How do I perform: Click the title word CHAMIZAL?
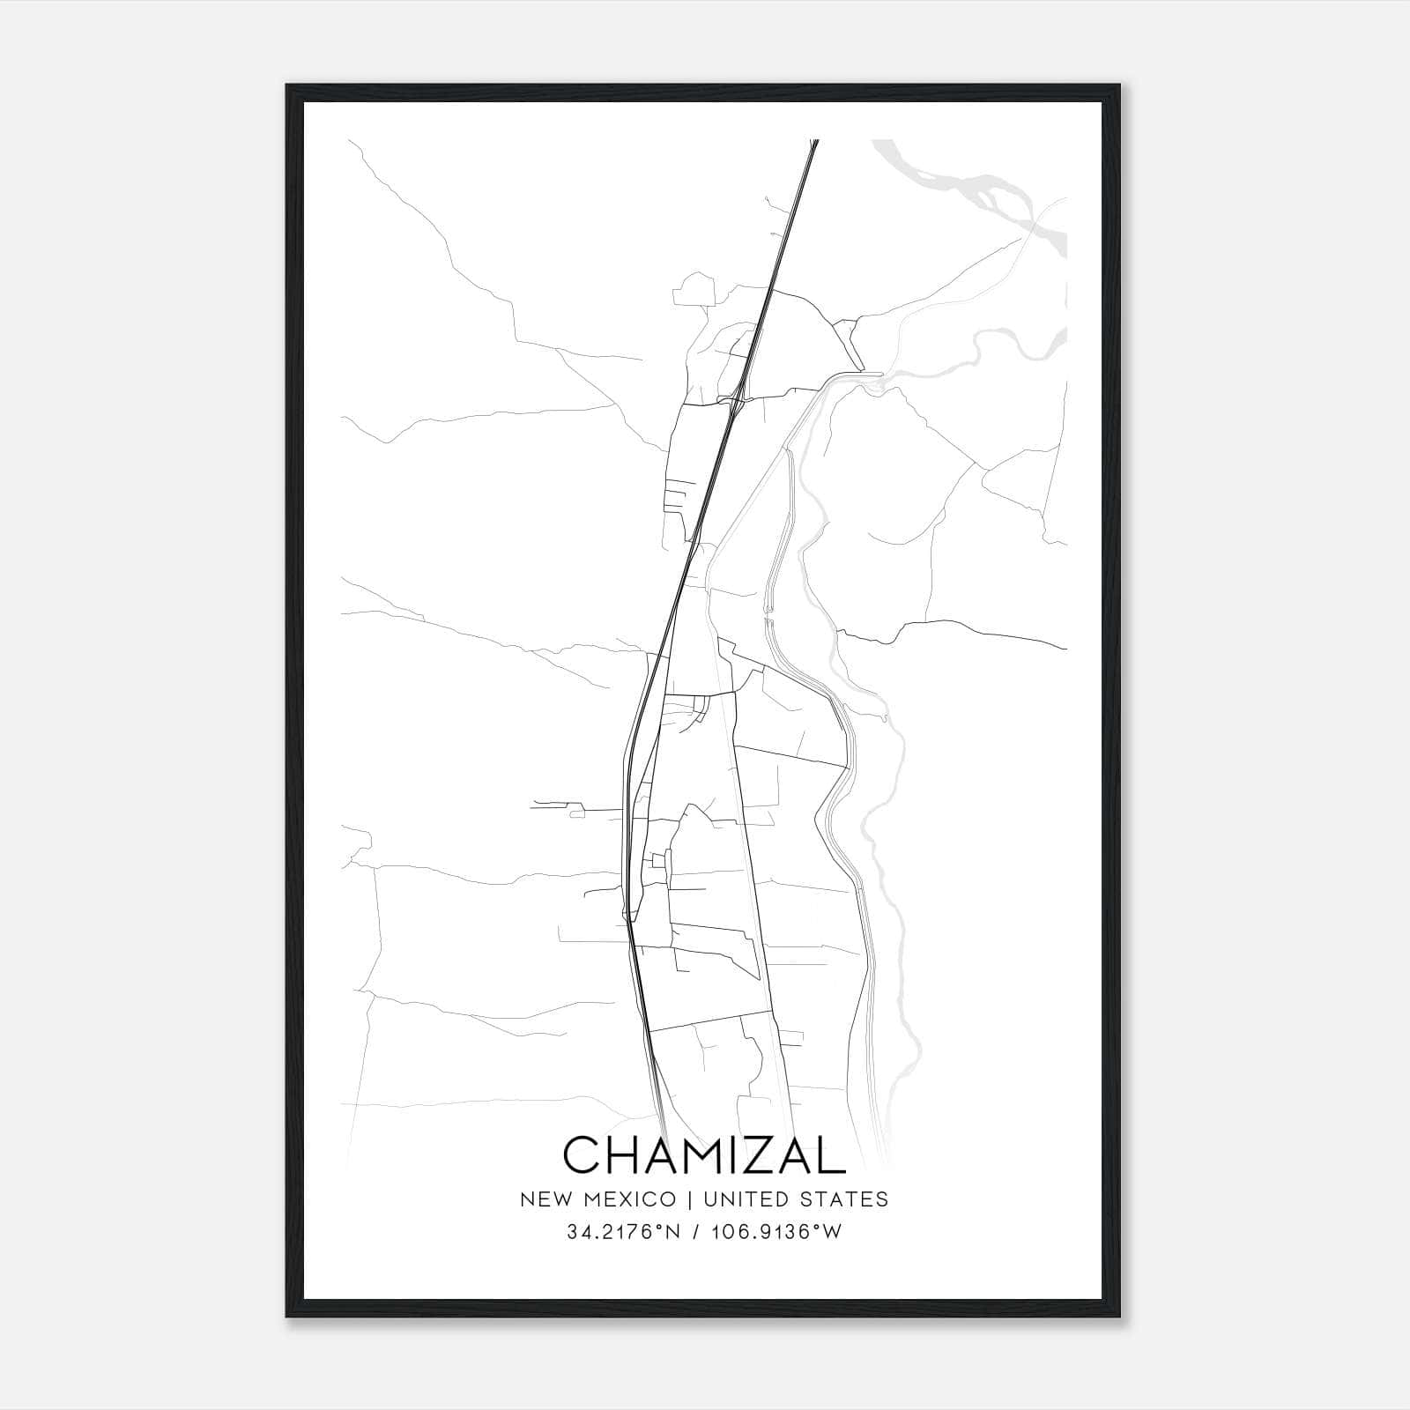704,1154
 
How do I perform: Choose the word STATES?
847,1199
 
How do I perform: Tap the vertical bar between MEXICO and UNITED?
686,1199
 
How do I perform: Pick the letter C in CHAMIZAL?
583,1154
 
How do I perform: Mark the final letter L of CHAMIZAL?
830,1154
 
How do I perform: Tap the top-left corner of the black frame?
288,86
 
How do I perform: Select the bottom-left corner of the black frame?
288,1316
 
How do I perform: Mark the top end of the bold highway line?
814,141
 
